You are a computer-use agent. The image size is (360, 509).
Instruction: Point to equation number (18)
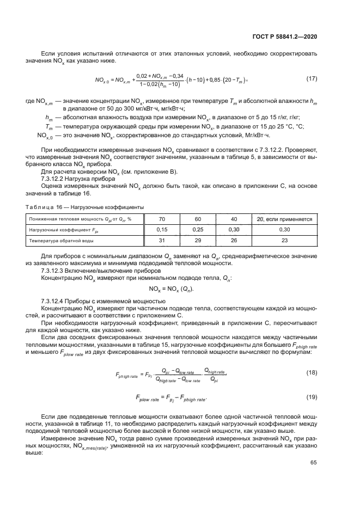click(x=312, y=373)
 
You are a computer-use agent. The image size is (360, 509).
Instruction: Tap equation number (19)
click(x=312, y=397)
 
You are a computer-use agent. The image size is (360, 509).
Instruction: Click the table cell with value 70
click(x=162, y=219)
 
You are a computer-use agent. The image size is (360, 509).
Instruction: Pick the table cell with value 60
click(x=198, y=219)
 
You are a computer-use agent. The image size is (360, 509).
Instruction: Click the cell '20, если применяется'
click(x=284, y=219)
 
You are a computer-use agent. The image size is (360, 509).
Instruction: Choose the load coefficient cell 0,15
click(x=162, y=230)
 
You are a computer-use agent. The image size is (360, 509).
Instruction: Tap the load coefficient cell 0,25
click(x=198, y=230)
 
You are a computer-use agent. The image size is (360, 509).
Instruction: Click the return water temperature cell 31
click(x=162, y=240)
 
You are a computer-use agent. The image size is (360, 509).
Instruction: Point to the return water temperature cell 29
click(x=198, y=240)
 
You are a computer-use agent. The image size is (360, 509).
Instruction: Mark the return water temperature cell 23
click(x=284, y=240)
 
